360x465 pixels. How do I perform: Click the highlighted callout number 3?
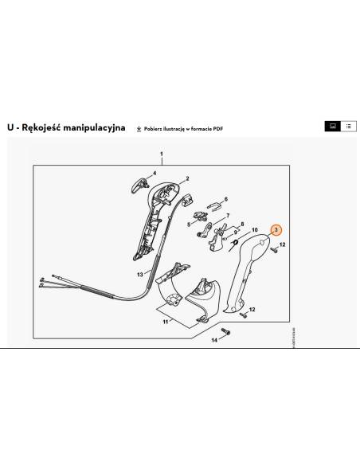[x=276, y=229]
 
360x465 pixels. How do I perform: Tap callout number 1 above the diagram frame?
[x=161, y=153]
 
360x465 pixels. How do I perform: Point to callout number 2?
[x=186, y=178]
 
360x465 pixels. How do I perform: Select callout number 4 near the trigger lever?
[x=155, y=173]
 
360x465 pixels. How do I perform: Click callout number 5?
[x=189, y=225]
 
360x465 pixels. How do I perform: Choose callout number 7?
[x=228, y=216]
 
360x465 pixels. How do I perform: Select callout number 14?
[x=213, y=340]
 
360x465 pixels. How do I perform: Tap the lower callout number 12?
[x=253, y=309]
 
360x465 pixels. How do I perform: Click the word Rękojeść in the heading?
[x=47, y=127]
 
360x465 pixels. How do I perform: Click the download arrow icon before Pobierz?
[x=139, y=127]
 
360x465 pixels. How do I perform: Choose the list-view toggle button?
[x=347, y=127]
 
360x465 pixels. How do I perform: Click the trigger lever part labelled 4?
[x=135, y=186]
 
